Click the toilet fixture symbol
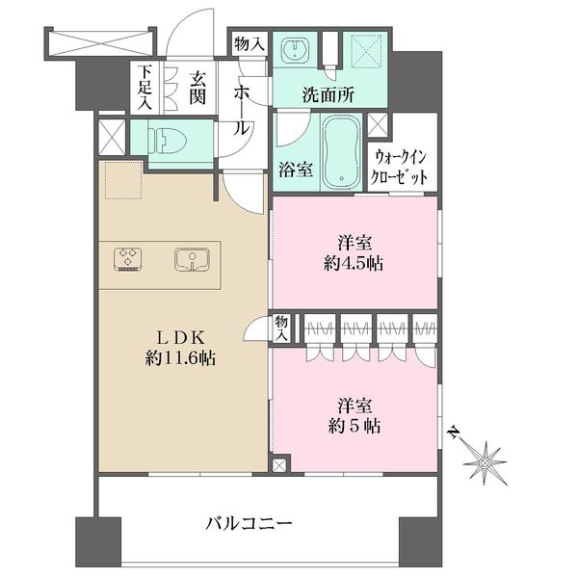coord(167,140)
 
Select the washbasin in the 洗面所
coord(295,49)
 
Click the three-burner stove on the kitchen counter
coord(127,259)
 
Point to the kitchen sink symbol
coord(192,259)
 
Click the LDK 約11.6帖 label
coord(180,348)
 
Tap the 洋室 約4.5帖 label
coord(354,253)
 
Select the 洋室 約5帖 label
coord(354,416)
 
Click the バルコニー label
coord(249,523)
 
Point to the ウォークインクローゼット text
coord(399,168)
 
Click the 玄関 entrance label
coord(197,88)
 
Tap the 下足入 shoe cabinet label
coord(144,88)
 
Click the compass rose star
coord(486,462)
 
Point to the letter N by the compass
coord(454,433)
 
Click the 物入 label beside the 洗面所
coord(250,44)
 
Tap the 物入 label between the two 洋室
coord(281,328)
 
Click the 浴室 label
coord(296,170)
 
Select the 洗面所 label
coord(328,94)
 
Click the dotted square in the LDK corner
coord(123,180)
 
